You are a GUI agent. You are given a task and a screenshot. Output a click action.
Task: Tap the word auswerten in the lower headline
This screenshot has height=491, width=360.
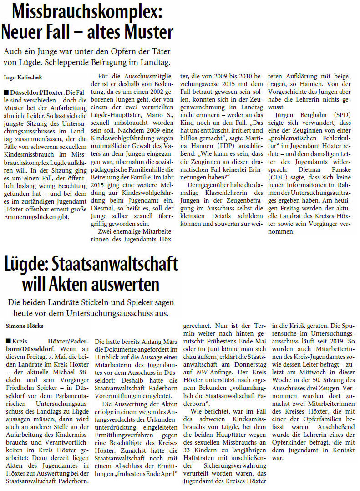[x=127, y=284]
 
